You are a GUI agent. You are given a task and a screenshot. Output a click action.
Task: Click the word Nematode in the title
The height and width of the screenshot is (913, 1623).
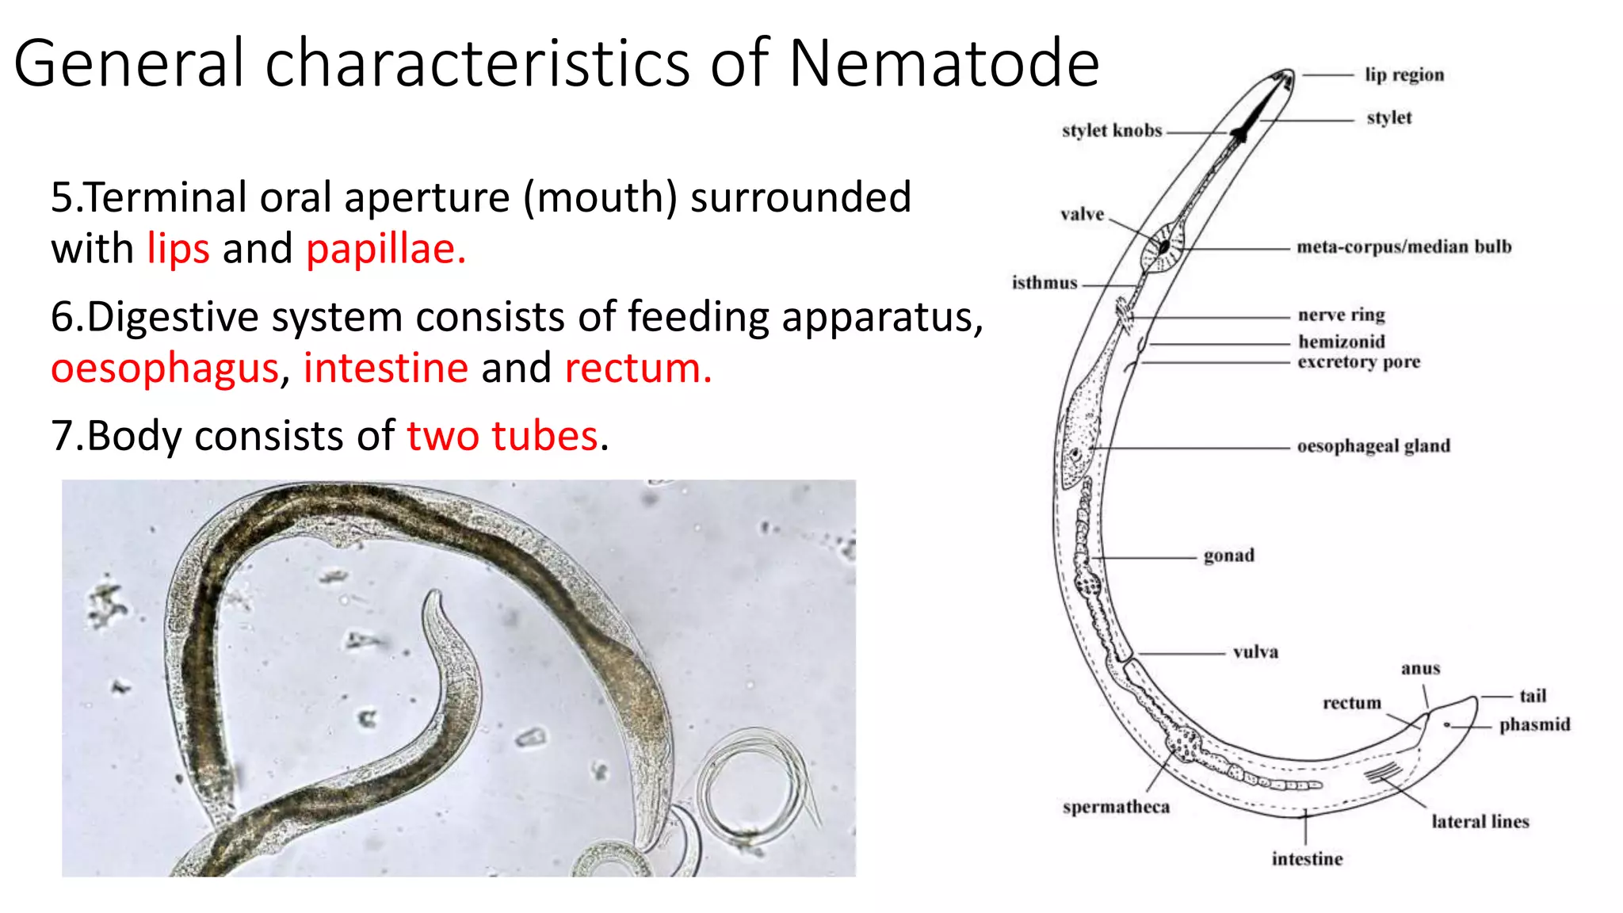point(944,63)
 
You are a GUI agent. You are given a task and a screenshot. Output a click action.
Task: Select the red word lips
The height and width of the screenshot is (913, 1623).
point(178,249)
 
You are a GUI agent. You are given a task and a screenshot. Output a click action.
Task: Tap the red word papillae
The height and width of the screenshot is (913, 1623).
point(385,249)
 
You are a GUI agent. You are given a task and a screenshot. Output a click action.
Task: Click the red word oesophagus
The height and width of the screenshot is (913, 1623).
point(165,369)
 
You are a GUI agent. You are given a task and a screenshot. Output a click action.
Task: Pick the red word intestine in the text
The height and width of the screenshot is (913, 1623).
point(386,369)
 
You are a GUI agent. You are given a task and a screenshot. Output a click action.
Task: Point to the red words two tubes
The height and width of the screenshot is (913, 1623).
point(502,436)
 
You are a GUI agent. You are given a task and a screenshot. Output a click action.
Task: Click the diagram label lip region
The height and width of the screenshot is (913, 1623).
point(1404,75)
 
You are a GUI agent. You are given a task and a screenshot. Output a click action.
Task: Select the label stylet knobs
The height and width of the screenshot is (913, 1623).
point(1112,131)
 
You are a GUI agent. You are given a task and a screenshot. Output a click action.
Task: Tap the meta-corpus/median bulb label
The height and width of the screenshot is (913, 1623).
point(1403,247)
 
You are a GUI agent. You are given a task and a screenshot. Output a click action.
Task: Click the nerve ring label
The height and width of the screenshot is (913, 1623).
point(1341,315)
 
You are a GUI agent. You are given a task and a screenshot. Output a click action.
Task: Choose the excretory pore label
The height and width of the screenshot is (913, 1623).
point(1358,362)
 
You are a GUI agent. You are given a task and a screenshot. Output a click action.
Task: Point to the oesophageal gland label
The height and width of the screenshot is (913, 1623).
point(1373,446)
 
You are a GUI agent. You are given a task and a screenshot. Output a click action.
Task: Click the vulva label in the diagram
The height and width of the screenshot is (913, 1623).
point(1255,652)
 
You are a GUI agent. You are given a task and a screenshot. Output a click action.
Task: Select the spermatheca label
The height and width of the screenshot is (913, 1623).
point(1116,807)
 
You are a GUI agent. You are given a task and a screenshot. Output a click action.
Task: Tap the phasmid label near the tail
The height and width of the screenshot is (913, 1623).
point(1534,724)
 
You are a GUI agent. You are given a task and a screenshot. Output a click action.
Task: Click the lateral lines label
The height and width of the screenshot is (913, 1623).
point(1480,822)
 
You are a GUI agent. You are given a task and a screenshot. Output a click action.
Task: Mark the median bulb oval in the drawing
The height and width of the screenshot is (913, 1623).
point(1163,246)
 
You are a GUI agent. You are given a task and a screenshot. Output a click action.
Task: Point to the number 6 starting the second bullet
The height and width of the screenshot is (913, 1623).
point(61,317)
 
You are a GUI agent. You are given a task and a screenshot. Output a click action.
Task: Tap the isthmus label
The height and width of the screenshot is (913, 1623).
point(1044,283)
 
